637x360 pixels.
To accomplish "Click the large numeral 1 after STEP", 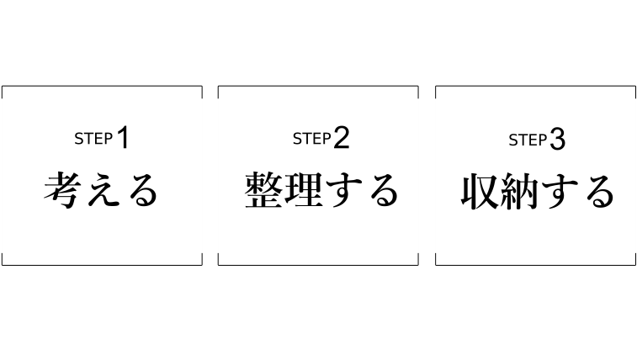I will coord(123,139).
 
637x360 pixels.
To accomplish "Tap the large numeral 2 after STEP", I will coord(340,139).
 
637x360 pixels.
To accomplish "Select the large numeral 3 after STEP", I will coord(557,140).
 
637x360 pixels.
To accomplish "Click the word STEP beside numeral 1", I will coord(93,140).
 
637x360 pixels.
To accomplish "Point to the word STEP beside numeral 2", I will coord(311,140).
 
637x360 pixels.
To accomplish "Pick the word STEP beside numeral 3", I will coord(528,140).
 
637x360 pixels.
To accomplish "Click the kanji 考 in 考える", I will coord(63,190).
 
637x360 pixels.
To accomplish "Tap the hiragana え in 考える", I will coord(102,191).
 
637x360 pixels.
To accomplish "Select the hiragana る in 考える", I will coord(141,192).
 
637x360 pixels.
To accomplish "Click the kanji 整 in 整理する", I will coord(263,191).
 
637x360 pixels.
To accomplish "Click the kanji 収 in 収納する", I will coord(480,192).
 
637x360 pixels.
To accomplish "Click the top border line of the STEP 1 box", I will coord(102,86).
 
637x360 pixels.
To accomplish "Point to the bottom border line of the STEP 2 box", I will coord(318,265).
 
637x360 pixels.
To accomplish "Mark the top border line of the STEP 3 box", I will coord(535,86).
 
